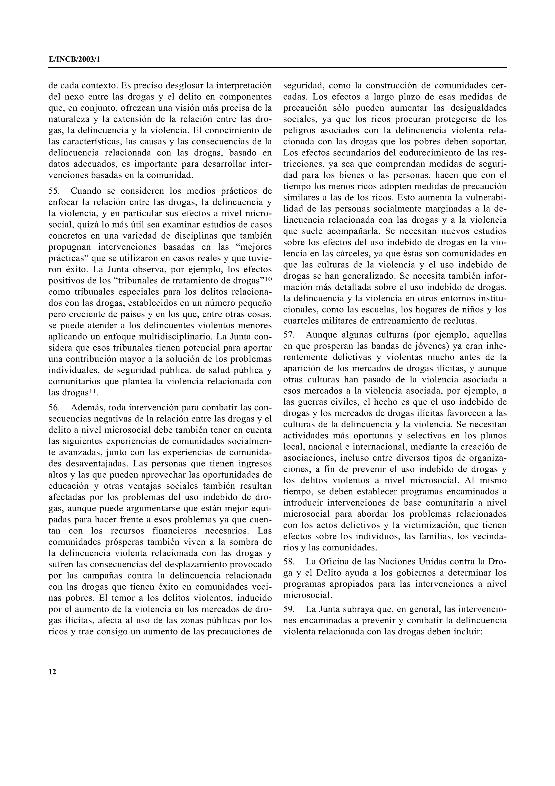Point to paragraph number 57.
[289, 334]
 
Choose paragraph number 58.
[289, 562]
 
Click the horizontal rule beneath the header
[277, 68]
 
